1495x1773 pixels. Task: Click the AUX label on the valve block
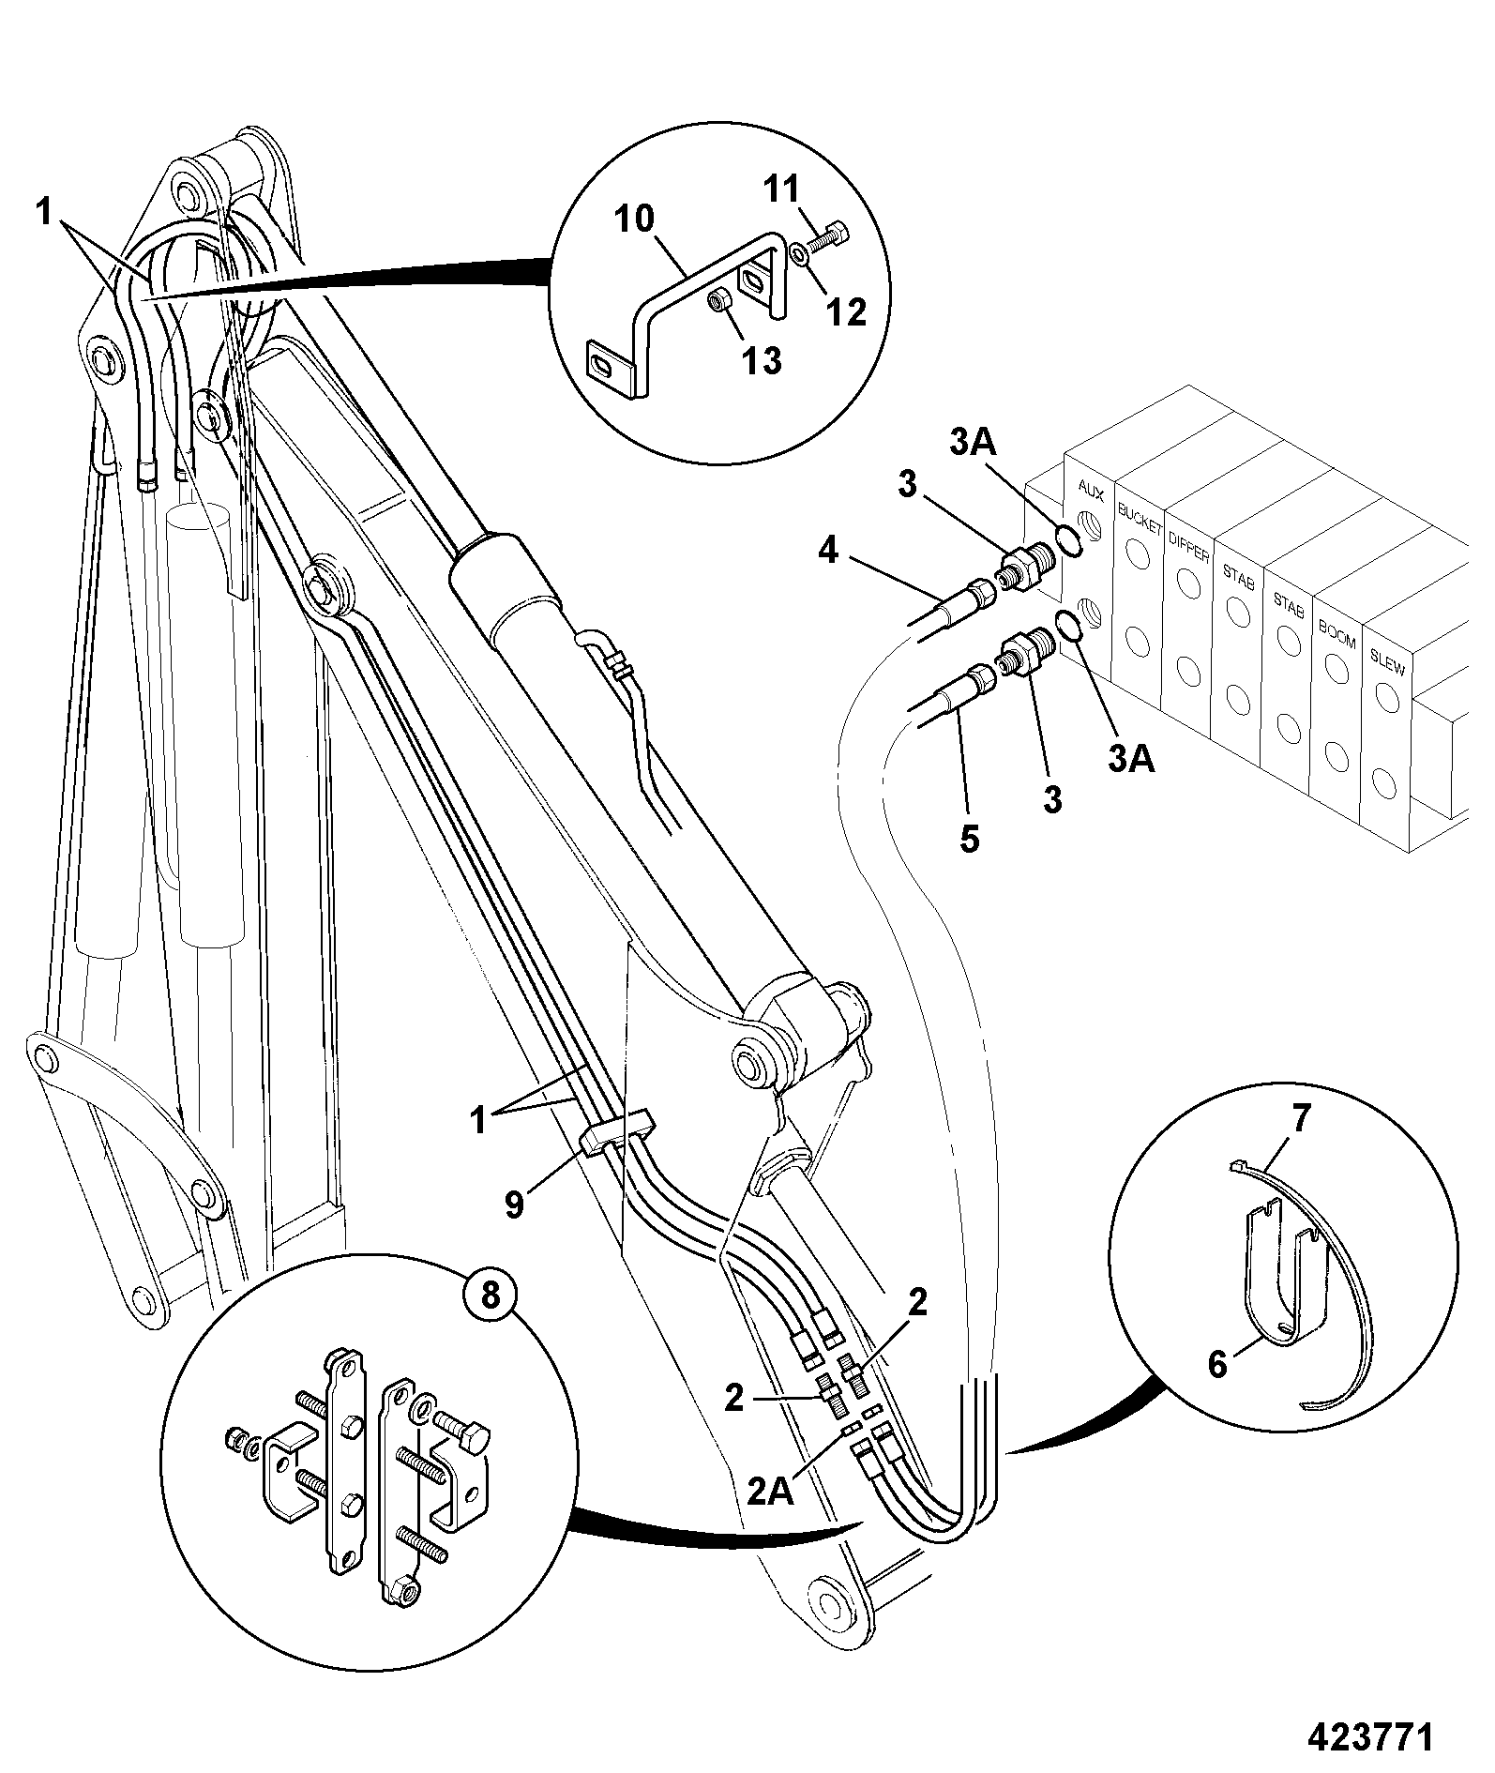[x=1090, y=489]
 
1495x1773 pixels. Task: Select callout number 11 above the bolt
[x=781, y=189]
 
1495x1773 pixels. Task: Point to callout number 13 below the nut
[x=763, y=360]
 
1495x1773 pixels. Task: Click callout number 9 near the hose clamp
[x=514, y=1204]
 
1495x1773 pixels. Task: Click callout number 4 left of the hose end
[x=827, y=551]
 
